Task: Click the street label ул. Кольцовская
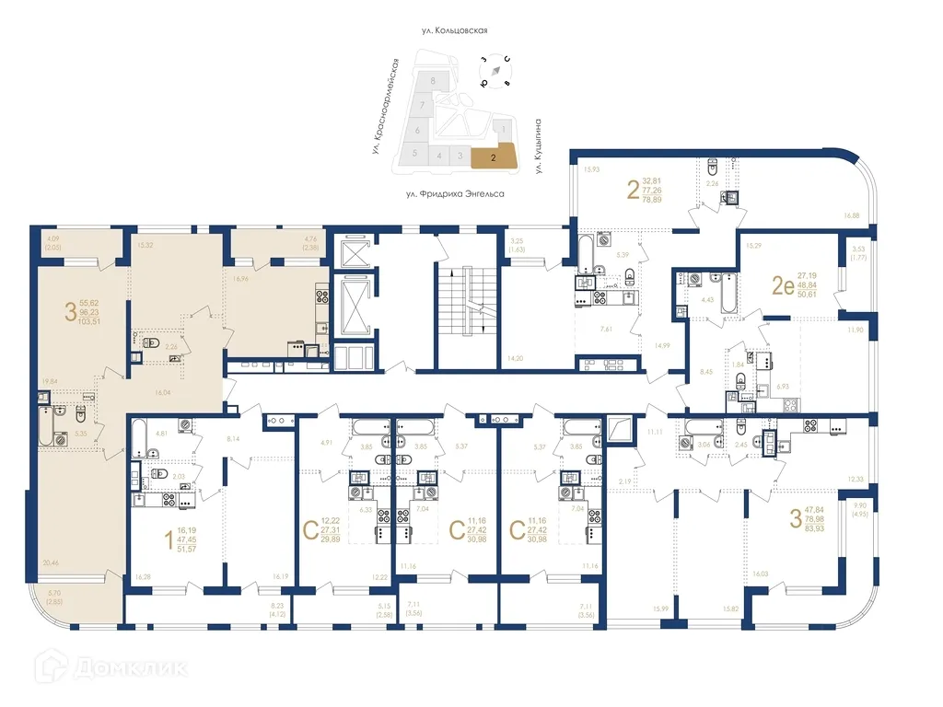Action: [453, 30]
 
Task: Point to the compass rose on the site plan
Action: [495, 71]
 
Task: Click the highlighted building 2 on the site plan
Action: [494, 157]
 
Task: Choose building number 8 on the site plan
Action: [432, 82]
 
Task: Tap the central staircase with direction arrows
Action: [465, 302]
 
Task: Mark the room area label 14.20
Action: [514, 358]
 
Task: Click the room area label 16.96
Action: [242, 278]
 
